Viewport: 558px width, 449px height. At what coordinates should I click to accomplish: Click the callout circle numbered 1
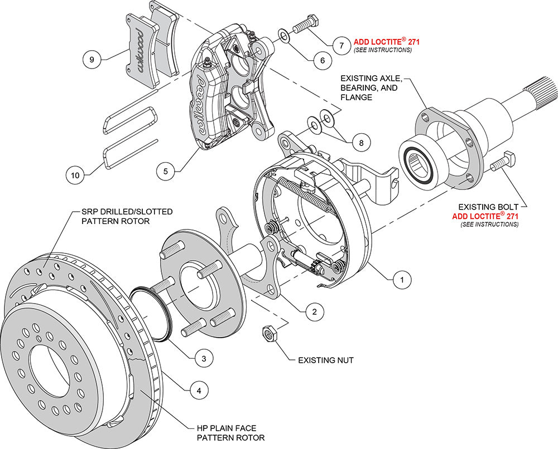point(399,280)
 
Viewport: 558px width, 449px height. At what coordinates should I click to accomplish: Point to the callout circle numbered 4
point(194,391)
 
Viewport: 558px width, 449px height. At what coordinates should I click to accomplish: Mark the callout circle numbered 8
point(361,143)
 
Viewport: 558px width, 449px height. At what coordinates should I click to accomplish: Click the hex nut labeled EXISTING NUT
point(268,334)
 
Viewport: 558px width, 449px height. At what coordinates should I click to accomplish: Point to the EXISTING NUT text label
point(325,360)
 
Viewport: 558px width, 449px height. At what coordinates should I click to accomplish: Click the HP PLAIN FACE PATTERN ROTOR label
point(230,433)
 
